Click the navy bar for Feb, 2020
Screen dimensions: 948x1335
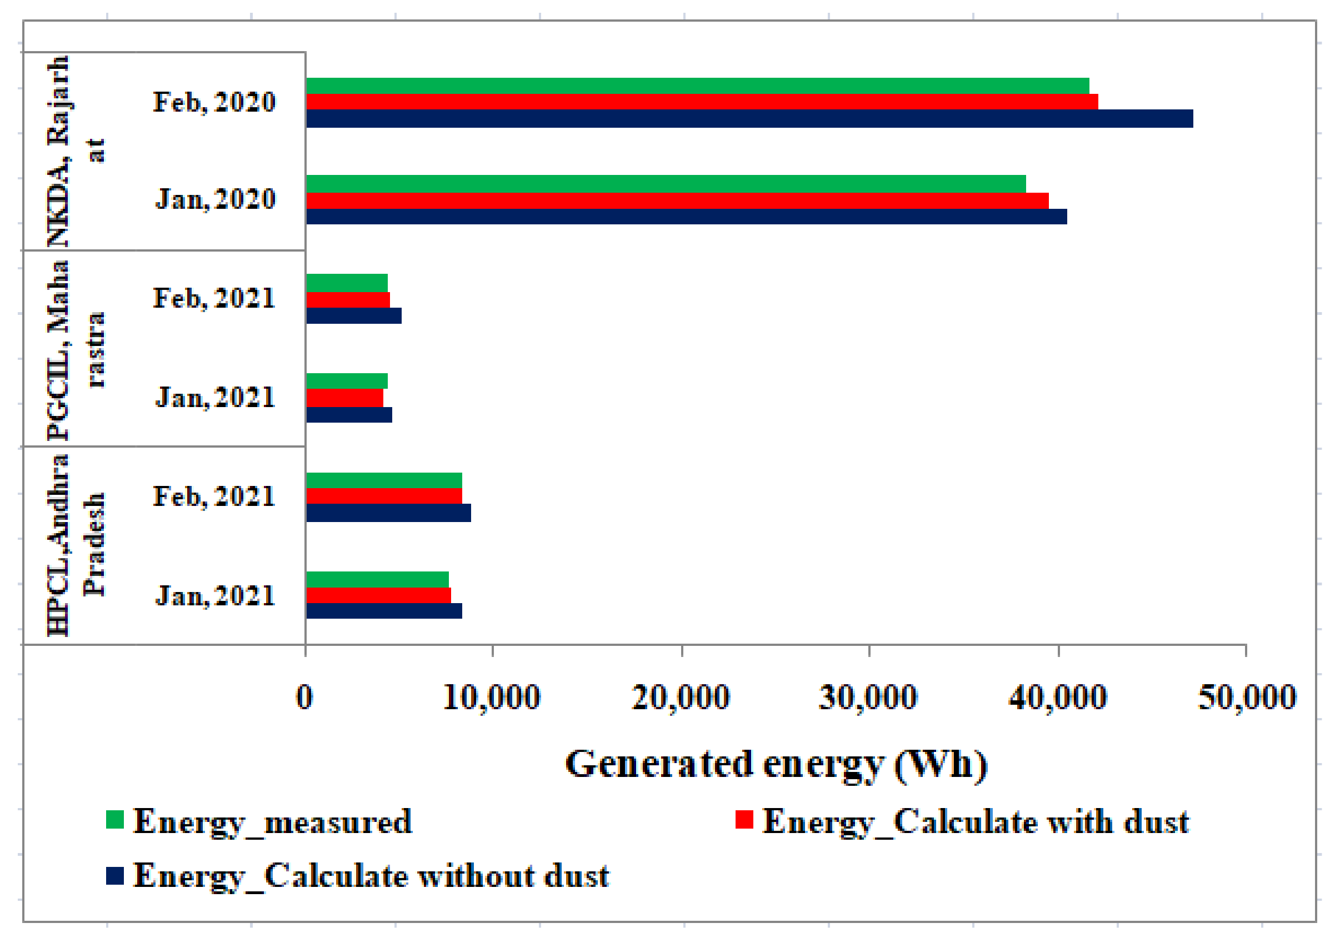(x=749, y=118)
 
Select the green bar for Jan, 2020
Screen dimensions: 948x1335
(x=665, y=184)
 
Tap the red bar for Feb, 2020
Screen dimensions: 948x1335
(x=701, y=102)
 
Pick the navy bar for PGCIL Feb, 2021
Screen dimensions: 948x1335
(x=354, y=316)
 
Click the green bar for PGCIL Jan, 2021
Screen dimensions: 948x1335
(x=347, y=381)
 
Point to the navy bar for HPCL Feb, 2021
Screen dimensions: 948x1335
(x=388, y=513)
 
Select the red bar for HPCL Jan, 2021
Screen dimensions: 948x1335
(x=378, y=595)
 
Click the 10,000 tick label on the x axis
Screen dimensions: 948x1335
(x=492, y=698)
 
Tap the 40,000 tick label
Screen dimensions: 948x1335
(x=1058, y=698)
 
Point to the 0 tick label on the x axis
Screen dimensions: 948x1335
(x=304, y=698)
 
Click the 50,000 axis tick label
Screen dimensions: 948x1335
(x=1246, y=698)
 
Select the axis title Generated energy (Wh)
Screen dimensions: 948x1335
(x=776, y=764)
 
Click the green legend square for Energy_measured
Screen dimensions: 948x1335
(x=115, y=820)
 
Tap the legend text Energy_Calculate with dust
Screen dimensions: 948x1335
(x=975, y=822)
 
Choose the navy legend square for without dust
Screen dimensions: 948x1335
(x=115, y=876)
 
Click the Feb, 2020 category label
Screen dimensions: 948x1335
(x=214, y=103)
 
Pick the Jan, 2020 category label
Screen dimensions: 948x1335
(x=216, y=199)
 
